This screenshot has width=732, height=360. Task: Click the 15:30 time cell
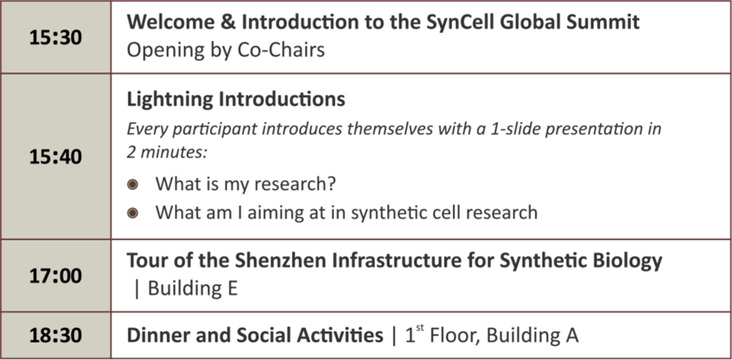[x=56, y=37]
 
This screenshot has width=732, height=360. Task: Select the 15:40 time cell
[x=56, y=157]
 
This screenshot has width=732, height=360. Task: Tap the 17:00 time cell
[x=56, y=275]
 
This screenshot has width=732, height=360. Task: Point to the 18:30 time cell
[x=56, y=335]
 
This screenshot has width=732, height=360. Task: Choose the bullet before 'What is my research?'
[x=133, y=185]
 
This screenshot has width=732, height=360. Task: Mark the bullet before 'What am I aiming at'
[x=133, y=214]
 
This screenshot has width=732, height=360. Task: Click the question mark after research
[x=331, y=184]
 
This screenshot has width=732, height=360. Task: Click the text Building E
[x=193, y=288]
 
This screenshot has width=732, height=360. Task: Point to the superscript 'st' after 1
[x=419, y=330]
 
